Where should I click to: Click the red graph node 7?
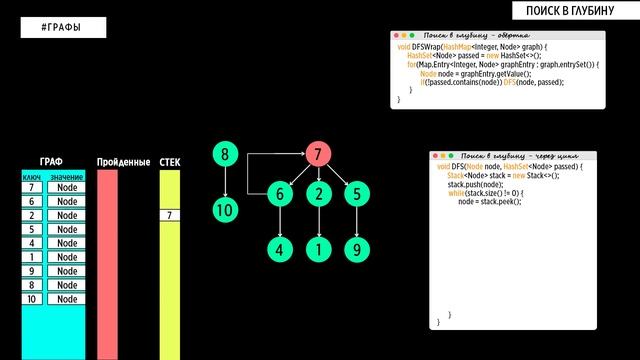[x=318, y=155]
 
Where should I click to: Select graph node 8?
[x=225, y=155]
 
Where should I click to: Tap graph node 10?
[x=225, y=210]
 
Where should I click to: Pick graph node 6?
[x=281, y=195]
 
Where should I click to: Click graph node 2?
[x=318, y=195]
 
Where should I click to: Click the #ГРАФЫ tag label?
[x=63, y=27]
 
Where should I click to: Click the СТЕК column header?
[x=170, y=162]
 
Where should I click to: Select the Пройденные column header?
[x=123, y=162]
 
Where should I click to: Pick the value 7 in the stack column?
[x=170, y=215]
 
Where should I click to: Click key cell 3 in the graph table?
[x=32, y=229]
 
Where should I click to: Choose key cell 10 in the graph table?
[x=32, y=299]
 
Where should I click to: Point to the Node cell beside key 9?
[x=67, y=271]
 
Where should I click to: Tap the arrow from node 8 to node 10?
[x=225, y=182]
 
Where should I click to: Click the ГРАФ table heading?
[x=52, y=162]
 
